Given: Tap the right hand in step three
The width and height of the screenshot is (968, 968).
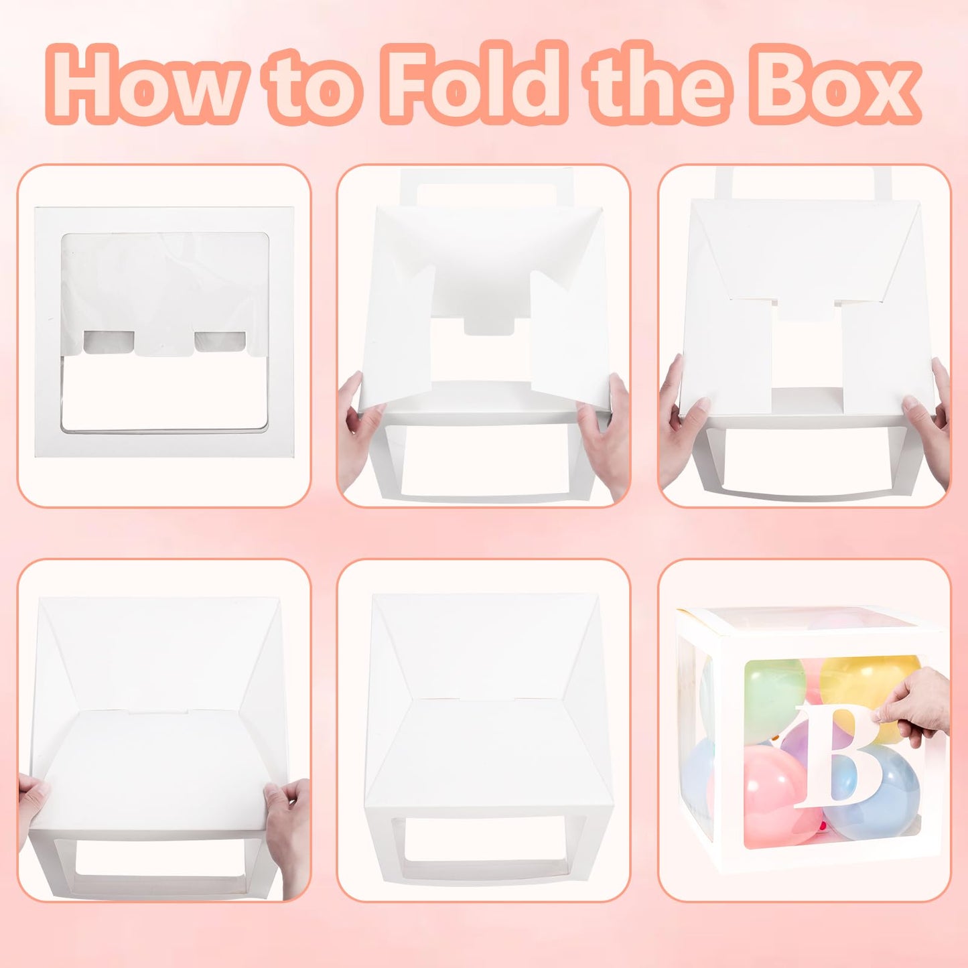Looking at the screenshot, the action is point(927,422).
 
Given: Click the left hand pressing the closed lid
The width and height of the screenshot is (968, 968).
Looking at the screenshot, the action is point(34,801).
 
